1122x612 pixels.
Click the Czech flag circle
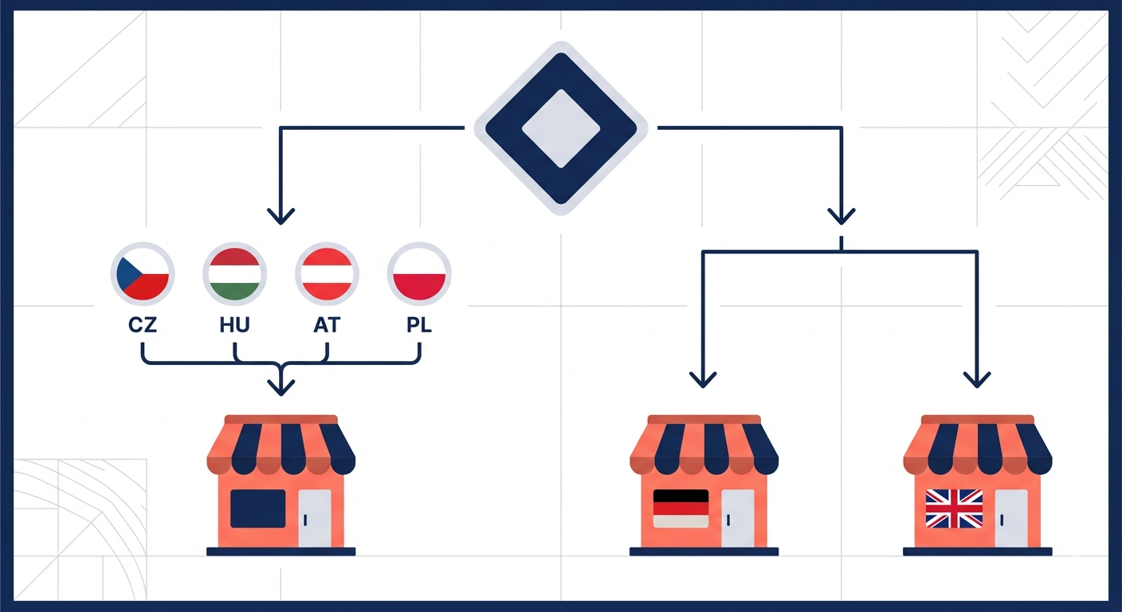143,274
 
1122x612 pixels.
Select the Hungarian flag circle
235,274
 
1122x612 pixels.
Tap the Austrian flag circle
327,274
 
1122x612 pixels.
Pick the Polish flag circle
419,274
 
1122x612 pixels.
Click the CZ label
143,325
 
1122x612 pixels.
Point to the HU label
234,325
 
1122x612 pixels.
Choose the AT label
327,325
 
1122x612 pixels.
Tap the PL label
419,325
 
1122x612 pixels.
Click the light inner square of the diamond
561,128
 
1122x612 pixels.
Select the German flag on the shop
681,508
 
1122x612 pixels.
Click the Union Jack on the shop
954,508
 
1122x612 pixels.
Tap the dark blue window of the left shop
258,508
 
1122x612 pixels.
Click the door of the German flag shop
738,518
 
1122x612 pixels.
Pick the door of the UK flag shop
1011,518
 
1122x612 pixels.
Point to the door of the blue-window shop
315,518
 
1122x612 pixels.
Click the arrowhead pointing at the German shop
703,379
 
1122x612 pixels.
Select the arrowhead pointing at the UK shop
977,379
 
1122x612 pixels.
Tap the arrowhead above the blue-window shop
281,387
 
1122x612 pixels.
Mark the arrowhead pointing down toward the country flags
281,217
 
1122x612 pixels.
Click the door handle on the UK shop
1002,520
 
